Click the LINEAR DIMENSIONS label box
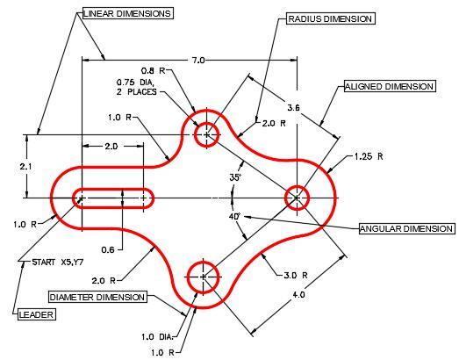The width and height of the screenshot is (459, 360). coord(128,13)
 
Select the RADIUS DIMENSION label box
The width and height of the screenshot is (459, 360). coord(330,19)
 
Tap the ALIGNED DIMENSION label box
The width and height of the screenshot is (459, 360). coord(390,86)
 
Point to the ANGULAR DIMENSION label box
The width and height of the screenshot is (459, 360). coord(407,228)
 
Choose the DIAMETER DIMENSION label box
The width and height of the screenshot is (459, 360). coord(97,297)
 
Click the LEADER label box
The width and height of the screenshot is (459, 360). coord(37,314)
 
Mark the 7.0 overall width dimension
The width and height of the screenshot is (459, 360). coord(198,60)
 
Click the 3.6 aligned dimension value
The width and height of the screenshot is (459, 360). coord(294,108)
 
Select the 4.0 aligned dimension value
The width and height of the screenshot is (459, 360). coord(298,294)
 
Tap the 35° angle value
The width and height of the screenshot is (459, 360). coord(235,177)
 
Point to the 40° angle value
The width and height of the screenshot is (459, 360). coord(234,217)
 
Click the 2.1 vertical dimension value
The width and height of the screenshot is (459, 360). coord(26,166)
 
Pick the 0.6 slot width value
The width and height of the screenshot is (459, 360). coord(108,250)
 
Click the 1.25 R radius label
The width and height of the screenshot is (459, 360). coord(369,156)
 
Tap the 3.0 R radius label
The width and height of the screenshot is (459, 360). coord(296,276)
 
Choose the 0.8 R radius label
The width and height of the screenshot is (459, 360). coord(153,70)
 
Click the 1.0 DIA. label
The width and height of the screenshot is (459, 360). coord(158,337)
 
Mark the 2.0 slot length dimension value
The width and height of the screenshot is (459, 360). coord(111,146)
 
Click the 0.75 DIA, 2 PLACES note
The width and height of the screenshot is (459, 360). coord(136,87)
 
